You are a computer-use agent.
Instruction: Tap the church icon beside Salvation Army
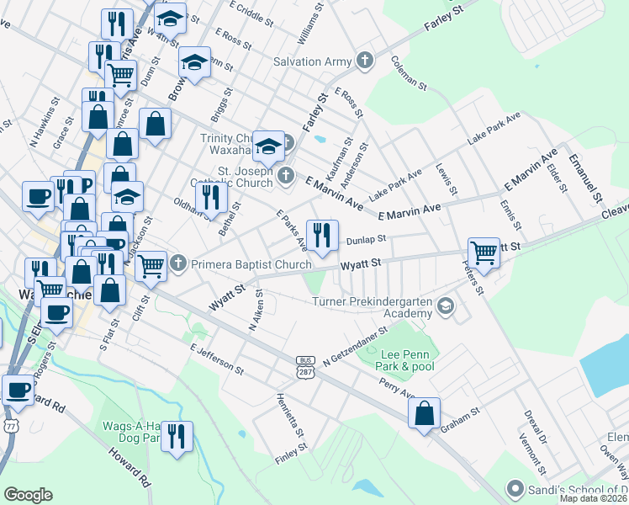click(x=364, y=61)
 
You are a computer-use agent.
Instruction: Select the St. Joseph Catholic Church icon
click(x=287, y=175)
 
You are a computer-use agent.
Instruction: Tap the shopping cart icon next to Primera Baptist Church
click(x=151, y=265)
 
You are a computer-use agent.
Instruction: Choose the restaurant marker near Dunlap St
click(x=321, y=235)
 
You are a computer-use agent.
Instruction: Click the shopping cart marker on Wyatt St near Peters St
click(x=484, y=252)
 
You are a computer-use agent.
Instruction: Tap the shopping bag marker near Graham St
click(x=425, y=412)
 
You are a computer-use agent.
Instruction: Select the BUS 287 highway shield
click(x=304, y=365)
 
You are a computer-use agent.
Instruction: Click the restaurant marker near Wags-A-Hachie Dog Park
click(x=177, y=436)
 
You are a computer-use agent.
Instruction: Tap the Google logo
click(x=28, y=495)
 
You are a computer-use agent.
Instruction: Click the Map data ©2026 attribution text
click(x=594, y=498)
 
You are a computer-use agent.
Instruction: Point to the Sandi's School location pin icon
click(x=514, y=488)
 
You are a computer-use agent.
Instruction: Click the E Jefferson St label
click(x=216, y=359)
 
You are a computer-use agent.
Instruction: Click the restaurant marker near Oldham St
click(x=210, y=197)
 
